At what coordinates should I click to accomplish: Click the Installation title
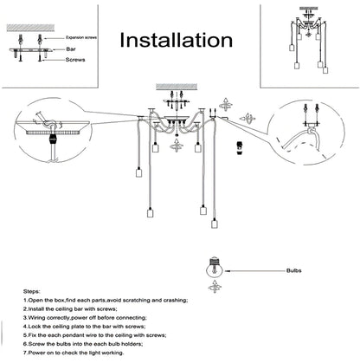[175, 40]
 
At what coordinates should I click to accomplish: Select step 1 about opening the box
[112, 300]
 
